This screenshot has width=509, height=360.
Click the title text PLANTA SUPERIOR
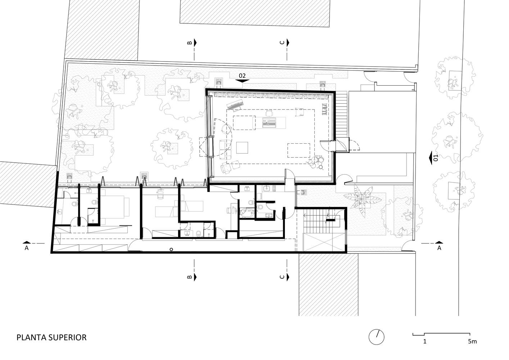(x=51, y=337)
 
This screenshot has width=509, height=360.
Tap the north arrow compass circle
(x=376, y=337)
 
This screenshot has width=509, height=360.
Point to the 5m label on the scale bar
(x=472, y=341)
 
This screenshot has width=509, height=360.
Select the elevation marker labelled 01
(x=434, y=157)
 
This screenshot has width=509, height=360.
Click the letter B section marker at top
(x=192, y=42)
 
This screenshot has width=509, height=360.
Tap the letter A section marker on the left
(x=27, y=246)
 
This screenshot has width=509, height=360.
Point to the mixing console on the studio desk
(x=269, y=122)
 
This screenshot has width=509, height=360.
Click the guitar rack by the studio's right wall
(x=324, y=109)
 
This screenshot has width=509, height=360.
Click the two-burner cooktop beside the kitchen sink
(x=274, y=188)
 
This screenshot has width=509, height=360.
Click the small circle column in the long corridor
(x=171, y=249)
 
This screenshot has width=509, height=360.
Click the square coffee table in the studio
(x=242, y=148)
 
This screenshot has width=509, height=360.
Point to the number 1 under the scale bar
(x=425, y=341)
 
